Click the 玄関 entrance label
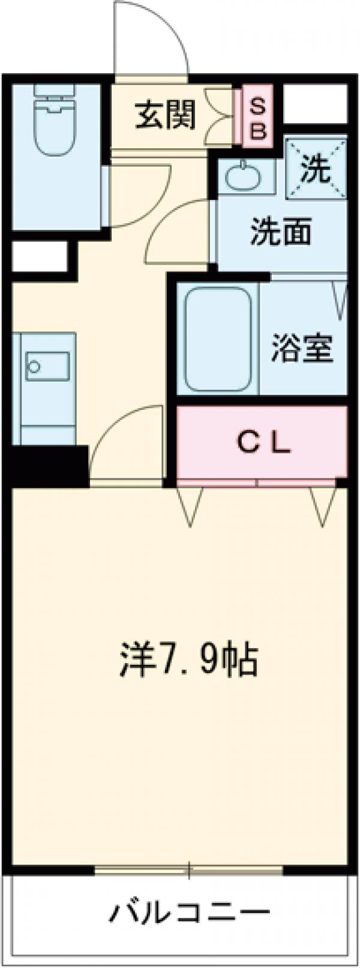(x=165, y=115)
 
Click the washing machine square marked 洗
(x=316, y=168)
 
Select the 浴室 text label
(x=302, y=348)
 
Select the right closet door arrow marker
(x=324, y=506)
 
